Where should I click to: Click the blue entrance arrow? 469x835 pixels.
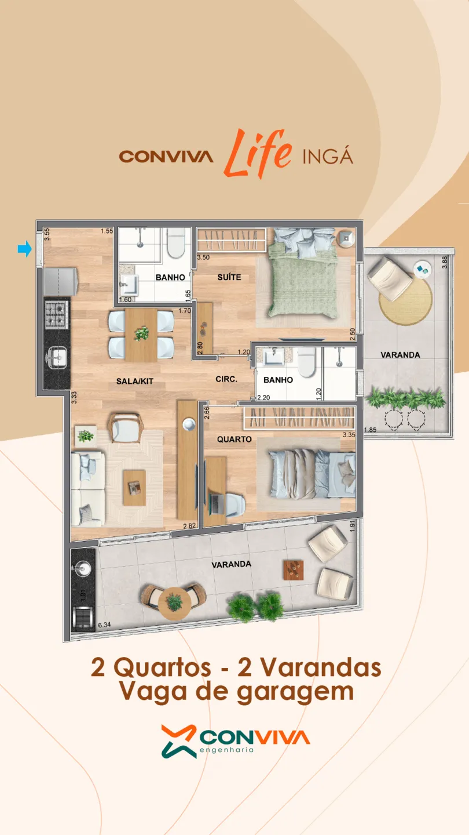click(24, 249)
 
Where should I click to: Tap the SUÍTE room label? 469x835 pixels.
click(229, 277)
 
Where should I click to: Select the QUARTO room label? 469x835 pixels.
click(235, 439)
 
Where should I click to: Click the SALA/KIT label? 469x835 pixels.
click(135, 381)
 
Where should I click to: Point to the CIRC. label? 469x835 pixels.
click(226, 379)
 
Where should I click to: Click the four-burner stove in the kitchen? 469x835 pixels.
click(57, 315)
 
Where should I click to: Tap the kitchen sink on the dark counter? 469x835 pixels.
click(57, 357)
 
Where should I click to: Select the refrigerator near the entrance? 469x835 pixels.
click(60, 282)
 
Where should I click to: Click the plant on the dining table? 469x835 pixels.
click(141, 333)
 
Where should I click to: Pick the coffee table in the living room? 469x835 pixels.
click(134, 488)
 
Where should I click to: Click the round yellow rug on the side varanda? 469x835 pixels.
click(406, 302)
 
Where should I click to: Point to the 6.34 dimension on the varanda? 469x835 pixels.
click(104, 625)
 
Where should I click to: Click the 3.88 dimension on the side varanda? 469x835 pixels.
click(445, 262)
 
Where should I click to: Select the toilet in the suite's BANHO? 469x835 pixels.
click(175, 242)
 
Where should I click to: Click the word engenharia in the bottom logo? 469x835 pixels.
click(227, 750)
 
